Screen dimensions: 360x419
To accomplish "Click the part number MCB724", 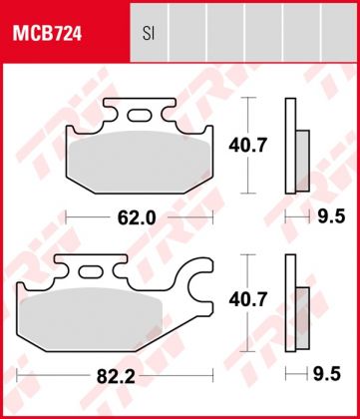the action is point(47,35).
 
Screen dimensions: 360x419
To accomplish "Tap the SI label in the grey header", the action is point(149,34).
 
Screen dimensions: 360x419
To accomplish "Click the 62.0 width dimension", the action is point(137,217).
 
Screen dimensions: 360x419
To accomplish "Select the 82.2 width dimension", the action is point(116,376).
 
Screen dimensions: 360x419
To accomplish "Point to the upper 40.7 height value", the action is point(247,146).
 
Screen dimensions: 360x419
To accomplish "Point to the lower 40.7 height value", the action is point(247,300).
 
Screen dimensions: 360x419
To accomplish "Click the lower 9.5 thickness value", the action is point(327,374).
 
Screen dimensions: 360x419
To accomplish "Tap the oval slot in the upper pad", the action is point(139,116).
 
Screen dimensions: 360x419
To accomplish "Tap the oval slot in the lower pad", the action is point(91,271).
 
